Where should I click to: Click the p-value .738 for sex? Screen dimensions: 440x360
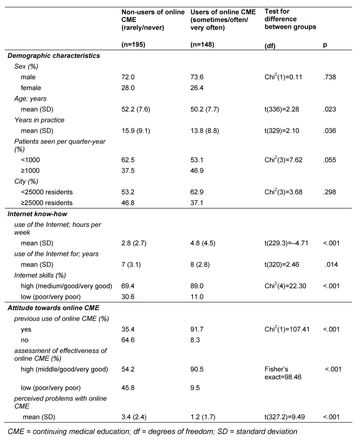click(329, 77)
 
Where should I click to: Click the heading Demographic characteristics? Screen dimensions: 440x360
click(54, 56)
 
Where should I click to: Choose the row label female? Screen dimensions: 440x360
click(31, 87)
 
